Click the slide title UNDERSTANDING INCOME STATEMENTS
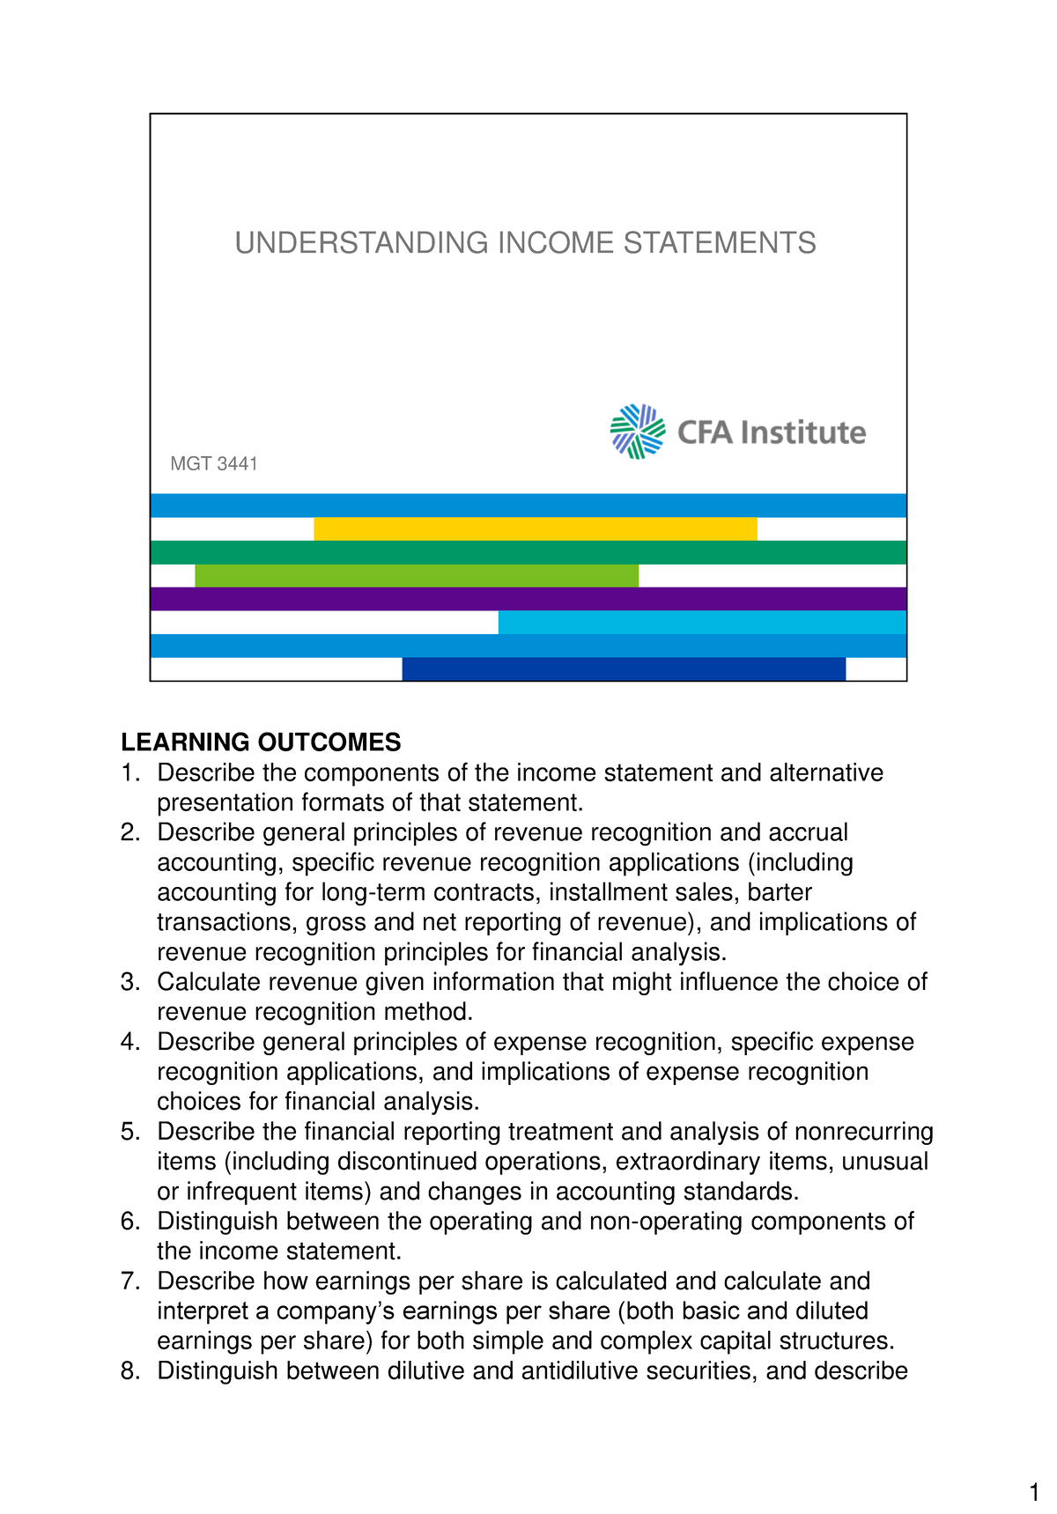(x=525, y=243)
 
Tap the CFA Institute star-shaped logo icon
(x=638, y=432)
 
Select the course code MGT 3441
(x=214, y=464)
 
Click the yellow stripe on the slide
(x=535, y=528)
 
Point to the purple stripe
(x=528, y=599)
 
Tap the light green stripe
(x=416, y=576)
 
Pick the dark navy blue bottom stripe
(x=624, y=669)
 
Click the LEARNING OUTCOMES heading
(x=261, y=742)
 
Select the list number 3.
(x=129, y=982)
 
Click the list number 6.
(x=129, y=1222)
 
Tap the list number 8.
(x=129, y=1371)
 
